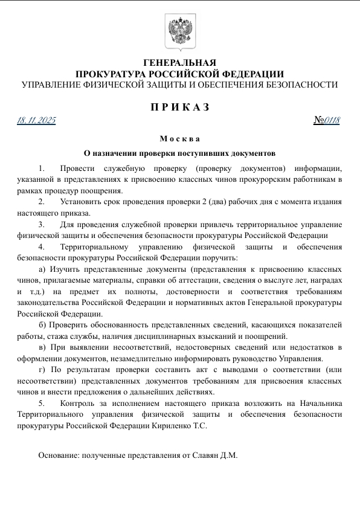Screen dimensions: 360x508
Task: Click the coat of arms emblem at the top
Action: [179, 31]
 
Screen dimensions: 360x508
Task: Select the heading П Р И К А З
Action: [179, 108]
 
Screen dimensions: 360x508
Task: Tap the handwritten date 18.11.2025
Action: [36, 121]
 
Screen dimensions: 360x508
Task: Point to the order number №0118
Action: [327, 120]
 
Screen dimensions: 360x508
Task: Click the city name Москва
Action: [179, 139]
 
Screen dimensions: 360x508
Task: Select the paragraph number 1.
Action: [41, 167]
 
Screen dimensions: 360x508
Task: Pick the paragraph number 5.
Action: [41, 402]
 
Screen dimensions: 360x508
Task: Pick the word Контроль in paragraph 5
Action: [79, 402]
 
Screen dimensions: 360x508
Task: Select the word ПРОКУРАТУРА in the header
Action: [111, 74]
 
